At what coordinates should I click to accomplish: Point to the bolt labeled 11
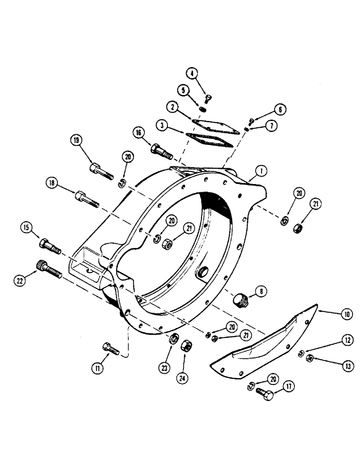tap(110, 349)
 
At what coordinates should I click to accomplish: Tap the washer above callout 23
tap(173, 339)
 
